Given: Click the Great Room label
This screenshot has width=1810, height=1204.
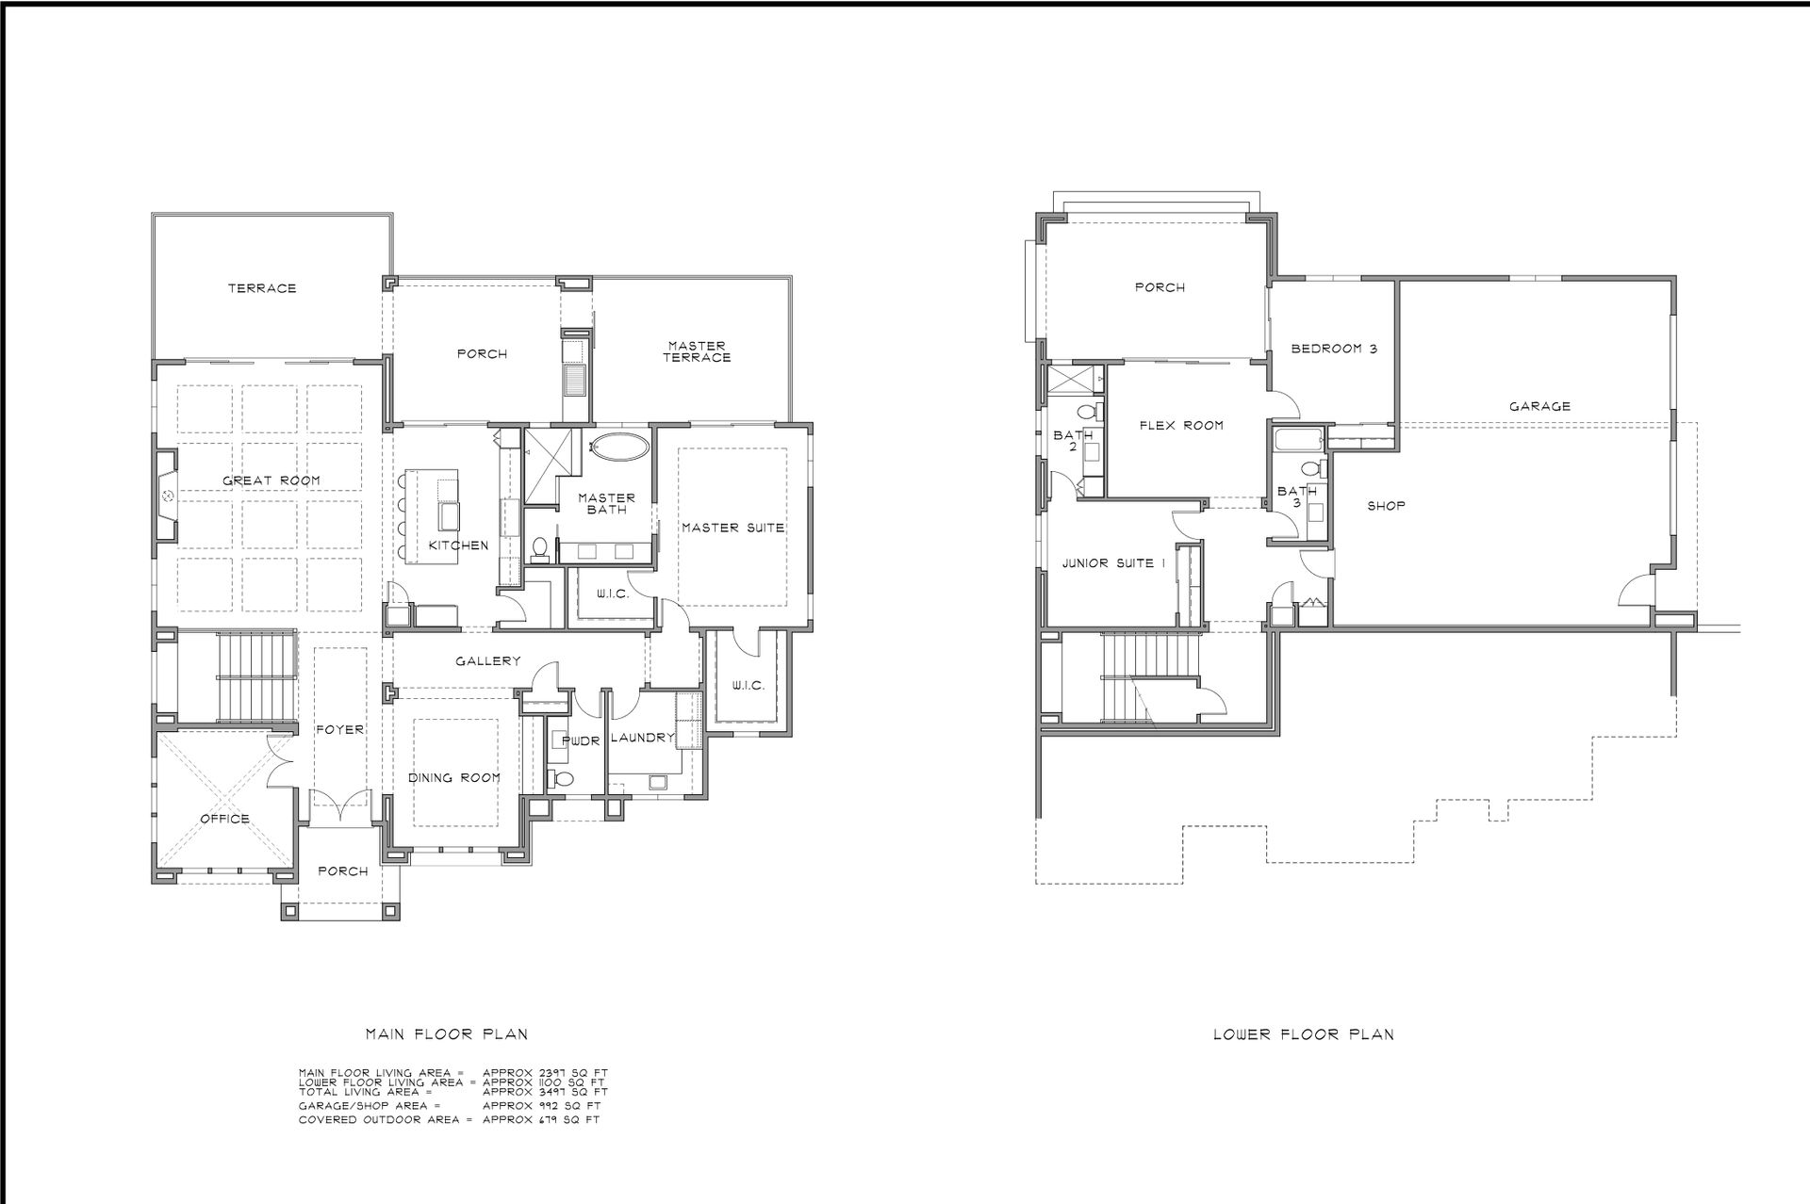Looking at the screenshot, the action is (271, 480).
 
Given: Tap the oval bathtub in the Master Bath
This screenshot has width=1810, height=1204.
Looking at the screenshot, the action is (618, 448).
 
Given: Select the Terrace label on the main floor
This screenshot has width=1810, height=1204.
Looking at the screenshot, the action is (262, 288).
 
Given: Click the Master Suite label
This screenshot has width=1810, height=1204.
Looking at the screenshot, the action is (733, 528).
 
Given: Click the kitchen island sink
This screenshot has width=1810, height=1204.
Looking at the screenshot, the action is (448, 517).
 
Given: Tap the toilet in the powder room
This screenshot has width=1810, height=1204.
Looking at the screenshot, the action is (562, 779).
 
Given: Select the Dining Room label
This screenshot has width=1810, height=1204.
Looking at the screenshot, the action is (453, 778).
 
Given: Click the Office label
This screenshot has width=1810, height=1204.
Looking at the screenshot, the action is (224, 818).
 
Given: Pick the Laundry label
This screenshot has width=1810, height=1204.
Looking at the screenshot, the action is (642, 738).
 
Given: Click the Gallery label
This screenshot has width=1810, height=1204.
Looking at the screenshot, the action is (488, 661).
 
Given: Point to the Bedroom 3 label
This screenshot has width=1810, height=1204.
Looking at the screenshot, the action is (1334, 349).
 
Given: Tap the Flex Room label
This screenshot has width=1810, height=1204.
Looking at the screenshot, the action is (1181, 426).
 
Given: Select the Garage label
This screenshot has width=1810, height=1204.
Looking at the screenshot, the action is (1539, 407).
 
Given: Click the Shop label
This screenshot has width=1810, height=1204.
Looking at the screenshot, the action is (1386, 506).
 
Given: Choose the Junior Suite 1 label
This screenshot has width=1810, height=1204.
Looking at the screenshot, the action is (1114, 563).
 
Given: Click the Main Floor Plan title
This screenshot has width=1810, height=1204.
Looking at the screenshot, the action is (446, 1033).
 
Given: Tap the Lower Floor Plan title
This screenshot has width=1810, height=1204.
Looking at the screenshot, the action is (1303, 1033).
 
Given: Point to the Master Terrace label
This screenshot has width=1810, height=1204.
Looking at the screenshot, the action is (696, 351).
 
